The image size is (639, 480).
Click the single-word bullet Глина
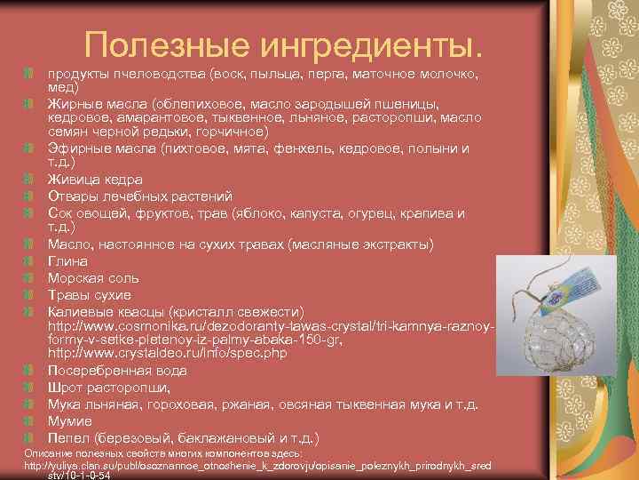(x=67, y=261)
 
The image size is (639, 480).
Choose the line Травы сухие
(x=90, y=295)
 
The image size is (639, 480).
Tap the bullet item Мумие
(x=71, y=421)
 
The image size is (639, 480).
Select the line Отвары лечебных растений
(x=140, y=196)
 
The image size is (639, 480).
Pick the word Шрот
(x=67, y=388)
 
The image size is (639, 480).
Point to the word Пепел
(x=70, y=438)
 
